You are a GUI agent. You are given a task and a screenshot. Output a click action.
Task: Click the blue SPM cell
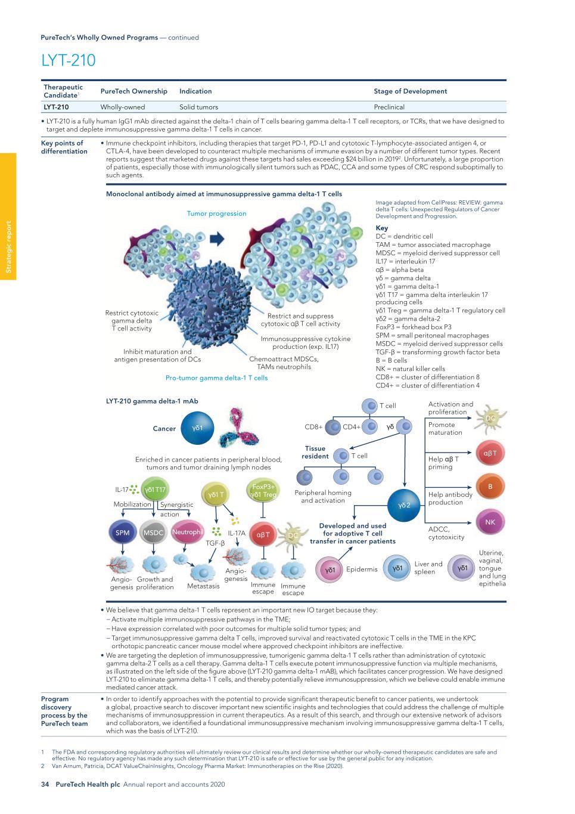122,533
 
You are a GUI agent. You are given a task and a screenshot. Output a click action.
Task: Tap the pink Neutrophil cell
187,531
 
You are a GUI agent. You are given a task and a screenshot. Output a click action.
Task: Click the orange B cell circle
490,487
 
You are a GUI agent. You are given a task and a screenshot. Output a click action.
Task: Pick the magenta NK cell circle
490,522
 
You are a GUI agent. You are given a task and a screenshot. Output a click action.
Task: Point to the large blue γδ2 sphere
405,505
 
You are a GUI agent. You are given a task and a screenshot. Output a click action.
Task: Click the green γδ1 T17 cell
155,490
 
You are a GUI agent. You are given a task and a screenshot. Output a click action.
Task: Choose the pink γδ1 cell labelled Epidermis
330,570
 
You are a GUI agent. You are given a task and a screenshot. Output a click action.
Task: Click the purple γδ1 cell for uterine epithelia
462,568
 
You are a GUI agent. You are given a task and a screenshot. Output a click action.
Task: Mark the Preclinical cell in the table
389,107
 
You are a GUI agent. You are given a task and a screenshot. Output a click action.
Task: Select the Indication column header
195,91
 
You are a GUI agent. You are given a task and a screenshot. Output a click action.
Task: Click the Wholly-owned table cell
123,107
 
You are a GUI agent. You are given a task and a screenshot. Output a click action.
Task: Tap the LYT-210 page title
68,61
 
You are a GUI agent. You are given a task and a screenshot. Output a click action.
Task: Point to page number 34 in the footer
44,785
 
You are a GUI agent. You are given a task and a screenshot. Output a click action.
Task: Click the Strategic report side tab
8,247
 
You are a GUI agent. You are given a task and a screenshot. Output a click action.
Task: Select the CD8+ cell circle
333,426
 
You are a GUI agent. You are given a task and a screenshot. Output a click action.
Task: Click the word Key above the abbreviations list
381,228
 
